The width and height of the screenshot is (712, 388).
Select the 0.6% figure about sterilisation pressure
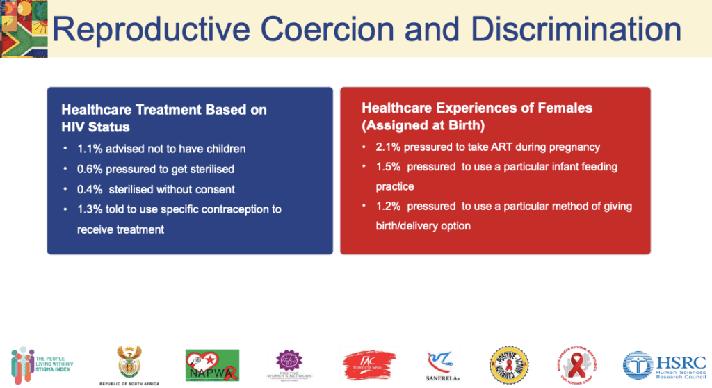(89, 169)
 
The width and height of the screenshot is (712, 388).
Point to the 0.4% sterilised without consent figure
(89, 189)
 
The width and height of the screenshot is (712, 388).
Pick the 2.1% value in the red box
(389, 147)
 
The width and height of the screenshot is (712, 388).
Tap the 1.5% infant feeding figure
(389, 167)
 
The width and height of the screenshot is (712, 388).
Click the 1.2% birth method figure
(389, 207)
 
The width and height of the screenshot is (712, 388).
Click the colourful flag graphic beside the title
(24, 28)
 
